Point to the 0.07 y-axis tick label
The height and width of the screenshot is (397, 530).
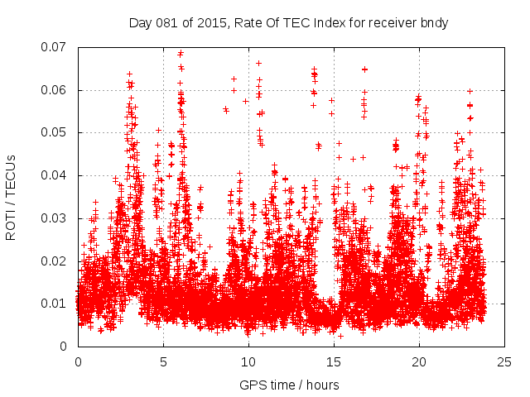click(x=57, y=47)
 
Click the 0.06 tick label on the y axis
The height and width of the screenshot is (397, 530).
click(x=57, y=90)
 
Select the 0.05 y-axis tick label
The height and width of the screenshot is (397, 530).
click(x=57, y=132)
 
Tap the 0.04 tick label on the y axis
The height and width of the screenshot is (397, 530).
click(x=57, y=175)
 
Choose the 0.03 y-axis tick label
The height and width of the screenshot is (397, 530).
click(x=57, y=218)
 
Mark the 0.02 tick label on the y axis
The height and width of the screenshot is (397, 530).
click(x=57, y=261)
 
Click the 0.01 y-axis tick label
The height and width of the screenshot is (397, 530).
click(x=57, y=304)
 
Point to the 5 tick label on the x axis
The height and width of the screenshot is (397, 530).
click(x=163, y=362)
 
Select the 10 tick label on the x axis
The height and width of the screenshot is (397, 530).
click(x=248, y=362)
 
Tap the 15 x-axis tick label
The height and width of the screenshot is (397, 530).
click(x=334, y=362)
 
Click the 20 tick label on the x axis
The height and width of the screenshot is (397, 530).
click(x=419, y=362)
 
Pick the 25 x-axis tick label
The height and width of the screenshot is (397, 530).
click(x=504, y=362)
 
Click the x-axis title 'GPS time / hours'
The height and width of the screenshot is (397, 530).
click(x=290, y=385)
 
